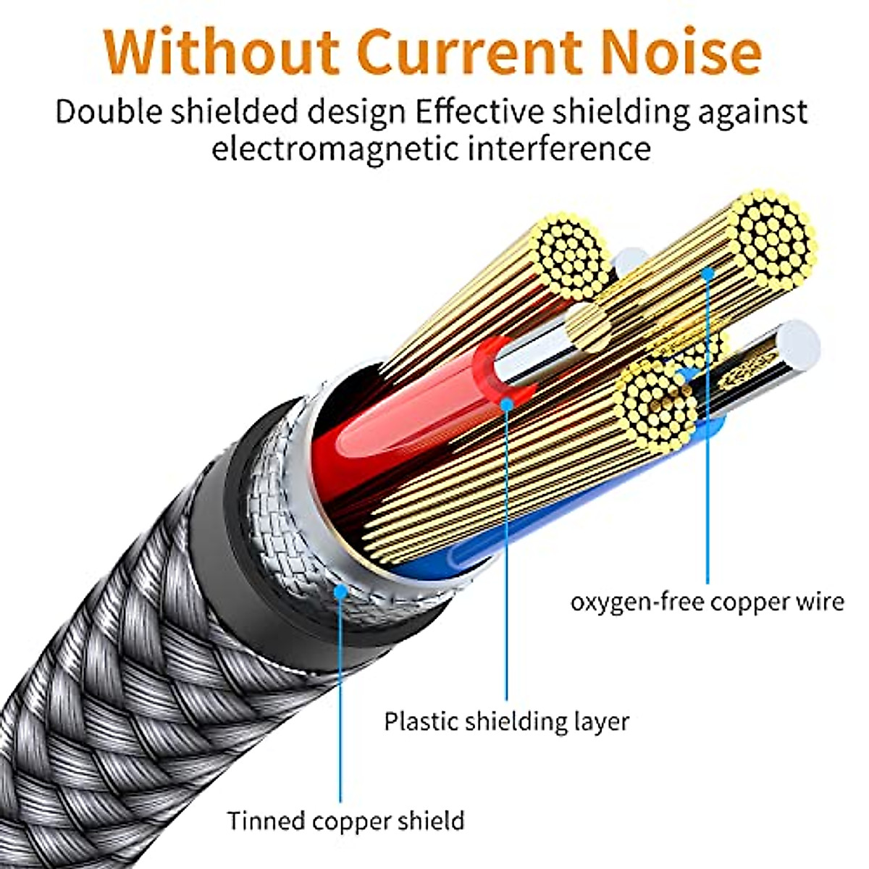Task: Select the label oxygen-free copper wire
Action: pos(707,602)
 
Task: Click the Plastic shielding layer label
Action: pos(506,721)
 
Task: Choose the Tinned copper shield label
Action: pos(345,820)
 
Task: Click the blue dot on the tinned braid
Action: pos(340,591)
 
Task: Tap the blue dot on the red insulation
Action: pos(507,403)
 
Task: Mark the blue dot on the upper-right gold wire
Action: pos(708,273)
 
